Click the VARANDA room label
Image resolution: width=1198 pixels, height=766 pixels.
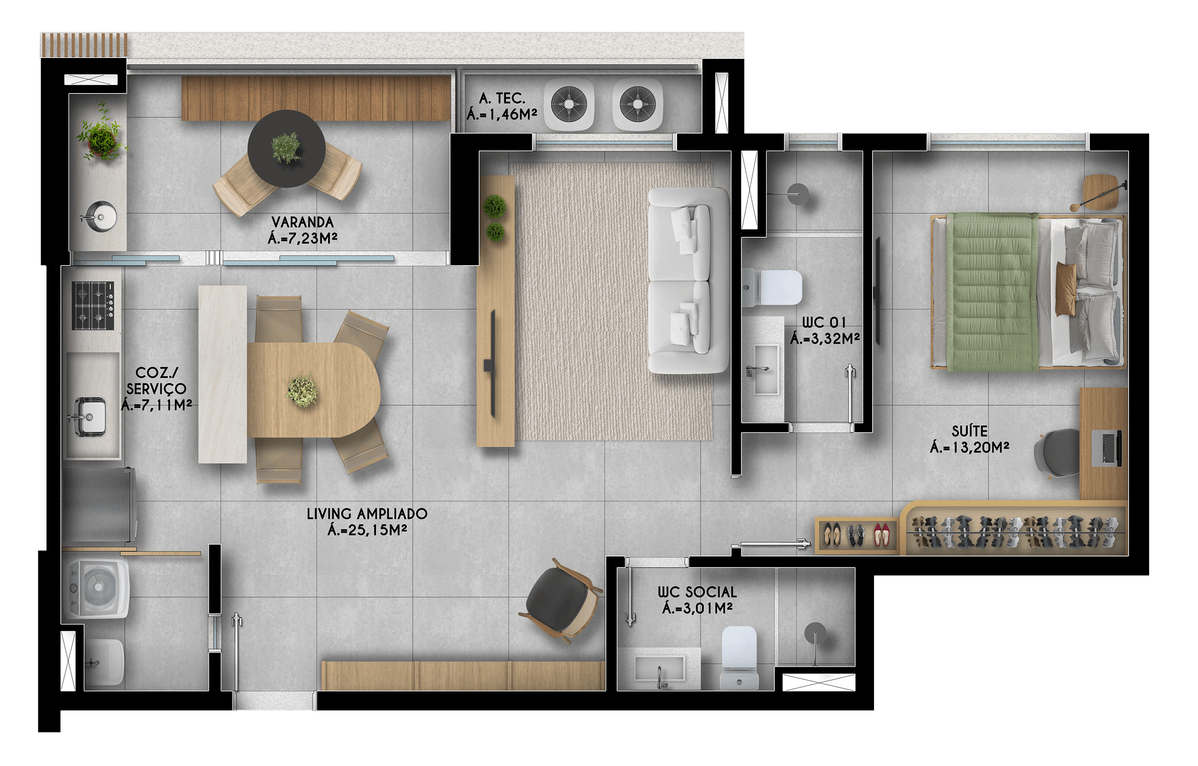(x=302, y=222)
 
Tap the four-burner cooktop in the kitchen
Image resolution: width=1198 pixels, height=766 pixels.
(x=93, y=305)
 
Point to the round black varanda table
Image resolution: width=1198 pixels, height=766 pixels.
(x=287, y=148)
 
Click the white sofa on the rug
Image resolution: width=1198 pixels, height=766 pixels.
(x=689, y=280)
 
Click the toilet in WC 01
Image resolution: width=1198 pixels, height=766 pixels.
(x=772, y=288)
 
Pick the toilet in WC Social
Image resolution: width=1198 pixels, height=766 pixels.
(x=739, y=657)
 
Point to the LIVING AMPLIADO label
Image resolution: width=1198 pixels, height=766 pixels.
(x=367, y=514)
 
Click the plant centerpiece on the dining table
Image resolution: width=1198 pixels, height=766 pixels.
(x=302, y=391)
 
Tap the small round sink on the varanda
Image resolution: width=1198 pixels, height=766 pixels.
(x=102, y=217)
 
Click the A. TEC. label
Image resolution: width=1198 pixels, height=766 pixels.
(x=502, y=98)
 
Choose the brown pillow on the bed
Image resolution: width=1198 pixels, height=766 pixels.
(x=1065, y=290)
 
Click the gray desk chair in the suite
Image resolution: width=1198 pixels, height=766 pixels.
(x=1057, y=453)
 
